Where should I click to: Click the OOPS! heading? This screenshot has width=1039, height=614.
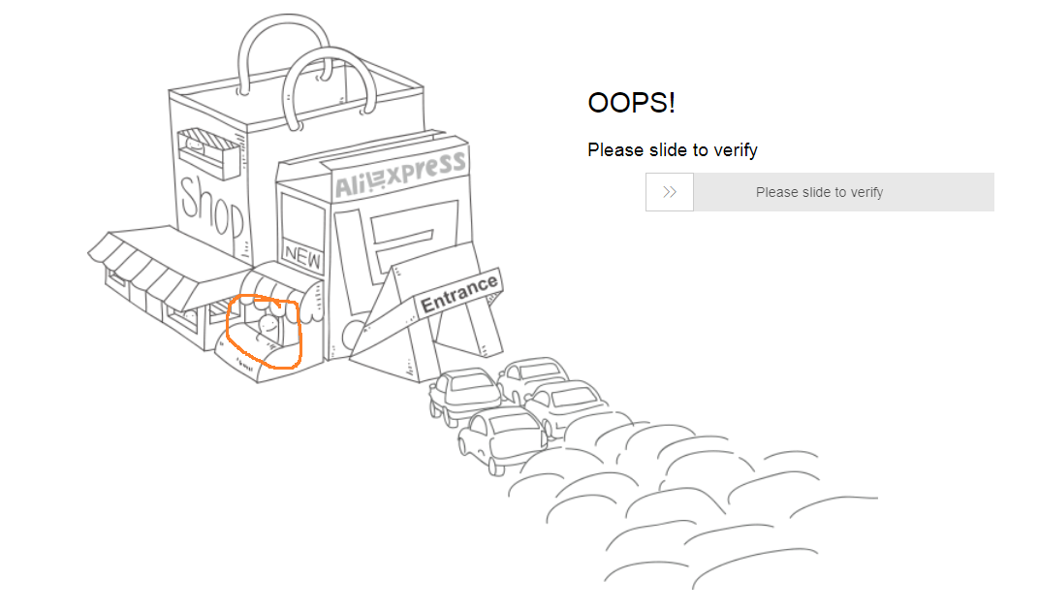631,103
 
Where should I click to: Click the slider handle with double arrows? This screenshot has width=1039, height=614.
670,192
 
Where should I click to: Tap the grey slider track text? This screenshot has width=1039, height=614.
819,192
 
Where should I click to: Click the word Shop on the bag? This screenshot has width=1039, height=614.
211,207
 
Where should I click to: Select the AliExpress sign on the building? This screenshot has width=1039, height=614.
400,175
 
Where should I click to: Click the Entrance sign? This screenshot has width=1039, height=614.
458,293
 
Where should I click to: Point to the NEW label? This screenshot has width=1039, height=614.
302,255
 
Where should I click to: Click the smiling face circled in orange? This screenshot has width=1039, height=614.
268,324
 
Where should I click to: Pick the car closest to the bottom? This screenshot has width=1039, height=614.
500,439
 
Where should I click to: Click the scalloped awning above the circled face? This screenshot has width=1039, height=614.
282,286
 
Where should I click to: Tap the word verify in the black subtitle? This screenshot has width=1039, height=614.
736,150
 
